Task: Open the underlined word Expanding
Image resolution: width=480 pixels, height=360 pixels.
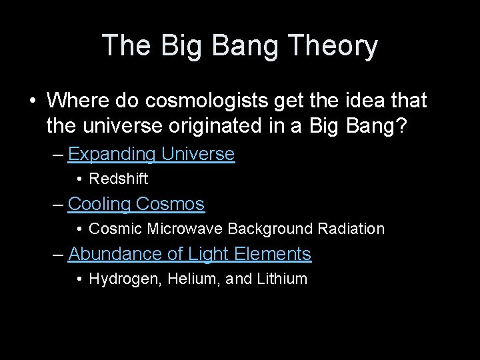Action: [x=111, y=154]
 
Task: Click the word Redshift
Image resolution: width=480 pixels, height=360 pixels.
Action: [x=118, y=179]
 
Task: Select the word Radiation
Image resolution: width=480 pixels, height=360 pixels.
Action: [x=351, y=229]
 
